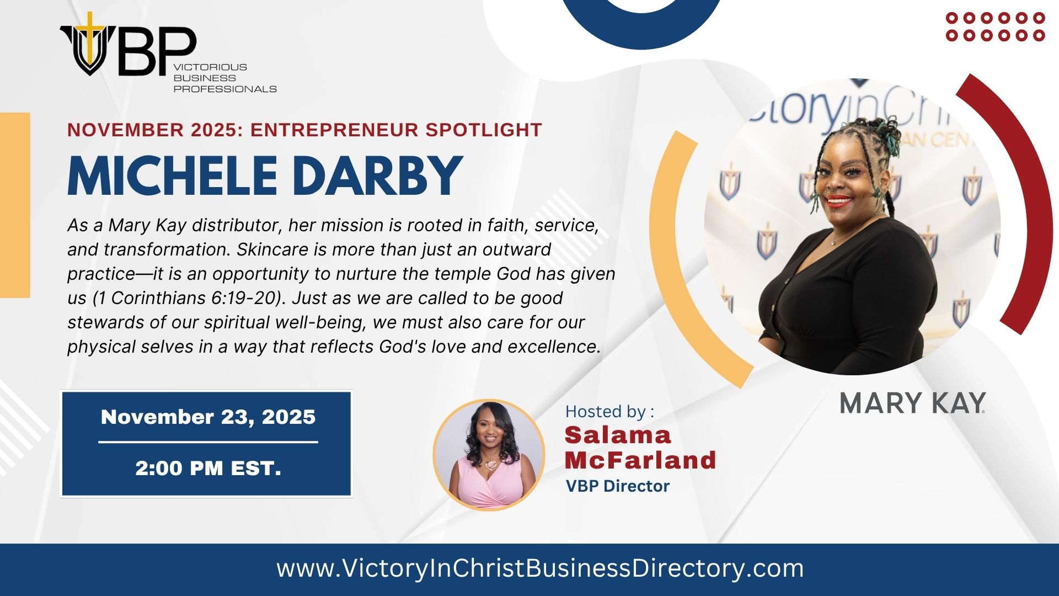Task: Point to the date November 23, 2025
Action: pyautogui.click(x=208, y=417)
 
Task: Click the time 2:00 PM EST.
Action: pyautogui.click(x=208, y=468)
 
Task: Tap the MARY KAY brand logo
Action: pyautogui.click(x=912, y=403)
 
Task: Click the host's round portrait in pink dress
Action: pyautogui.click(x=489, y=454)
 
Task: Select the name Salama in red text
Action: pyautogui.click(x=617, y=435)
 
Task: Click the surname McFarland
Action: pyautogui.click(x=640, y=460)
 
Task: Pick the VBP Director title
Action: pyautogui.click(x=617, y=486)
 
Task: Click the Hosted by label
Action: pyautogui.click(x=609, y=412)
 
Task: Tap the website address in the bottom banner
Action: pyautogui.click(x=540, y=568)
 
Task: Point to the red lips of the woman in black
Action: pyautogui.click(x=838, y=201)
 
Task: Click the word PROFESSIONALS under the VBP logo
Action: pyautogui.click(x=225, y=89)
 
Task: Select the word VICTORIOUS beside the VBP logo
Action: pyautogui.click(x=210, y=67)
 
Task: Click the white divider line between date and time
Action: pyautogui.click(x=208, y=442)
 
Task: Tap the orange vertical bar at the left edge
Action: pyautogui.click(x=15, y=205)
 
